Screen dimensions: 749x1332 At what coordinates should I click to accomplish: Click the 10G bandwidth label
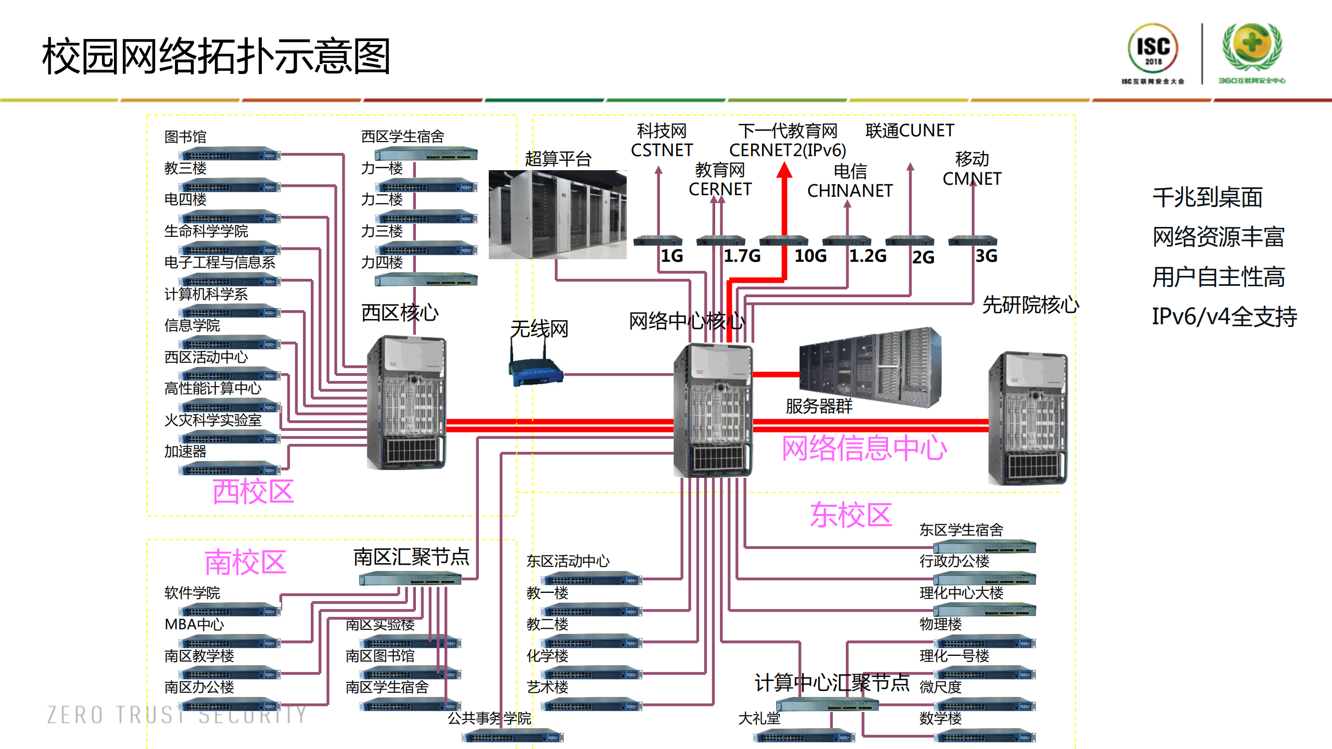pos(810,256)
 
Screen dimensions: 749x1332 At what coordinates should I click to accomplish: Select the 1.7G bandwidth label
pos(742,256)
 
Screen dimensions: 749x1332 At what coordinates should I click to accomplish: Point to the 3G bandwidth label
pos(986,256)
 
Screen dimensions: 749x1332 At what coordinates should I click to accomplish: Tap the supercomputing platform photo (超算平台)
pos(557,214)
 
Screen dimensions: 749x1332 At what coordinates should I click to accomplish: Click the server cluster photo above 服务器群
pos(869,367)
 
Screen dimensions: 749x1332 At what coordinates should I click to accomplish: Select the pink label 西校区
pos(253,491)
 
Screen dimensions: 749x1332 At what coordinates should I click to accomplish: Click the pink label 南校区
pos(245,562)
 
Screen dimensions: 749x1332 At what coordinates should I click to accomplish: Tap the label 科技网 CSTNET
pos(662,140)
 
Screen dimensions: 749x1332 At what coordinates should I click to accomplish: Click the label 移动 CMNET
pos(971,169)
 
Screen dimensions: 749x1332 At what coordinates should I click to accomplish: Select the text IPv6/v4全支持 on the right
pos(1224,316)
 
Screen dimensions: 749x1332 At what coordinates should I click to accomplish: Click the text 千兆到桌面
pos(1207,198)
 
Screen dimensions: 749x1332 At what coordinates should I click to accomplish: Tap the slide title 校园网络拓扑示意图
pos(216,56)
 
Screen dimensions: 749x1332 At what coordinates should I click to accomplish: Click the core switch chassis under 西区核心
pos(406,402)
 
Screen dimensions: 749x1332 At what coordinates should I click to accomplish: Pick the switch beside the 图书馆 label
pos(229,154)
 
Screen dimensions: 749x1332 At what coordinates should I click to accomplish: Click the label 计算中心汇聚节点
pos(831,682)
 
